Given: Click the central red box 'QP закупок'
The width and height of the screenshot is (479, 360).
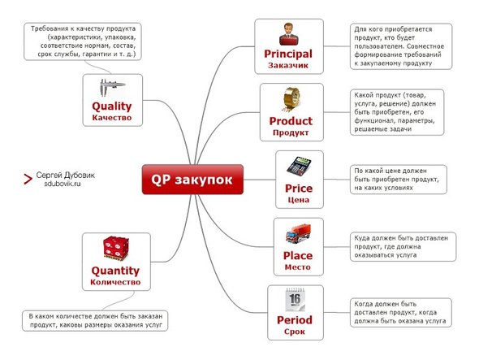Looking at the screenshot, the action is (192, 180).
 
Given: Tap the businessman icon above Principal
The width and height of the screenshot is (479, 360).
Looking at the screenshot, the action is (289, 34).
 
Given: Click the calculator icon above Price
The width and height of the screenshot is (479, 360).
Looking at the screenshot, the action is (299, 167).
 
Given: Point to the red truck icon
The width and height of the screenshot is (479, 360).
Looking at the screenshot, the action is (298, 234).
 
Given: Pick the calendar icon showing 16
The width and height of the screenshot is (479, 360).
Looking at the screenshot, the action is (295, 300).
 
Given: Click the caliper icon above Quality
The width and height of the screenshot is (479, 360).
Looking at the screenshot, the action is (112, 87).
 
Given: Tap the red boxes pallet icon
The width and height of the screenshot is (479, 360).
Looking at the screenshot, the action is (116, 248).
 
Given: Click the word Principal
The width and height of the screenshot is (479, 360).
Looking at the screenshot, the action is (288, 54).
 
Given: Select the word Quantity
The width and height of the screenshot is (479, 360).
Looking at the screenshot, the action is (115, 271).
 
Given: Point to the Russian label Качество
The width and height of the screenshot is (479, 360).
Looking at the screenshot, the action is (112, 118).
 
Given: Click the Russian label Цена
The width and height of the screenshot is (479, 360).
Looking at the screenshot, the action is (299, 200).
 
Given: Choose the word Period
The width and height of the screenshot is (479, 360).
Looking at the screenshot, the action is (295, 320).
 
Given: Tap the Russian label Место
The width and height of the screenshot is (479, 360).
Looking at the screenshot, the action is (297, 267).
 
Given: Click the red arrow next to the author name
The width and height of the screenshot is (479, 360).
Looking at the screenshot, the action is (28, 180).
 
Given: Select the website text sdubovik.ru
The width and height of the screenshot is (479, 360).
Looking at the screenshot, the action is (63, 184).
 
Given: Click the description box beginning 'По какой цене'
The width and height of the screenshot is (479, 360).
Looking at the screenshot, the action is (399, 180).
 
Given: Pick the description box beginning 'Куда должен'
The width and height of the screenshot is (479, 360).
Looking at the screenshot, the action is (403, 247).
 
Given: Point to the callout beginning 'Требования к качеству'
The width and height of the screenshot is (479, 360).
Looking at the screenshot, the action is (83, 41).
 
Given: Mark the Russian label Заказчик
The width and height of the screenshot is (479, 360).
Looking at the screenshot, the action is (288, 66).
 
